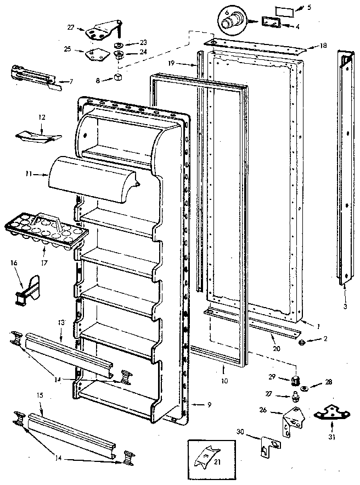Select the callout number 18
coord(323,46)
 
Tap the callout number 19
coord(171,64)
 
